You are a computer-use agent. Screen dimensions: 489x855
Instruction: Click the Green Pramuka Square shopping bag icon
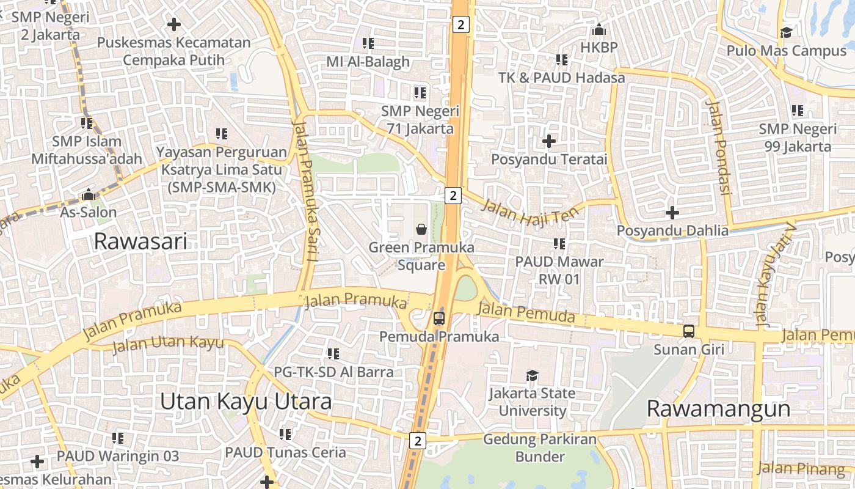click(x=421, y=229)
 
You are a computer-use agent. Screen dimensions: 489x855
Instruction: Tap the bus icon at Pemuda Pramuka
click(x=438, y=318)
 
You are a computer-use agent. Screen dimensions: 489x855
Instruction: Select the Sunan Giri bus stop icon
click(x=689, y=331)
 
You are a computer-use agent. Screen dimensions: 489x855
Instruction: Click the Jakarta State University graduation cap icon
click(x=532, y=375)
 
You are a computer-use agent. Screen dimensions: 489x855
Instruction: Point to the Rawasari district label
click(x=140, y=242)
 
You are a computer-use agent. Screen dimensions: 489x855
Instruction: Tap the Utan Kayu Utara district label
click(x=246, y=402)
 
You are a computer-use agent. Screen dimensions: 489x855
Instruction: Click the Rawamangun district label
click(x=718, y=408)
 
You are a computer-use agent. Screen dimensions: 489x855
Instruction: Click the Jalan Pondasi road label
click(x=718, y=146)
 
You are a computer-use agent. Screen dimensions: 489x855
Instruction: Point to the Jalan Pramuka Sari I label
click(x=305, y=190)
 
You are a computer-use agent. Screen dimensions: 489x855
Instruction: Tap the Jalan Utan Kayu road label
click(x=168, y=344)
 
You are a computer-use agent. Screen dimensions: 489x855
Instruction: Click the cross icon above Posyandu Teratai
click(x=549, y=141)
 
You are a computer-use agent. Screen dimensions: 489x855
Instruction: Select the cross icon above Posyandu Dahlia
click(x=672, y=213)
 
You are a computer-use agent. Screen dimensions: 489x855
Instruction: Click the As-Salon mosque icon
click(x=89, y=195)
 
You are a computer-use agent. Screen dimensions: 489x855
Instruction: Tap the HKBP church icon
click(x=599, y=29)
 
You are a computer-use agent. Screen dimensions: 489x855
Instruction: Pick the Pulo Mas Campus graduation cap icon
click(x=786, y=32)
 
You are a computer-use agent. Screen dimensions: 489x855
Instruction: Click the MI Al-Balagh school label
click(x=368, y=62)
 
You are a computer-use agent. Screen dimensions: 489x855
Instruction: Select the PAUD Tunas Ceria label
click(x=285, y=453)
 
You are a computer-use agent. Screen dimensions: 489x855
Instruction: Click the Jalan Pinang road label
click(x=801, y=469)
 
